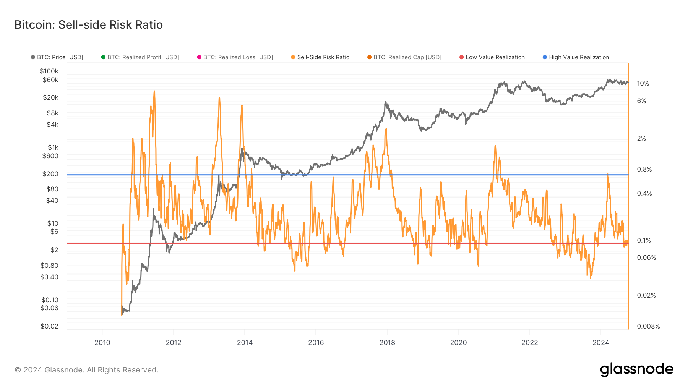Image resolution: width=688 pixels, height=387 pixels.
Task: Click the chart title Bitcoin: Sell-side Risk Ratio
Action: (x=89, y=25)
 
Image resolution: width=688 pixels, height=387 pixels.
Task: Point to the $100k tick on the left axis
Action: (x=49, y=71)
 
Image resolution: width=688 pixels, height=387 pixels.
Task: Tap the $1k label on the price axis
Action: (x=53, y=147)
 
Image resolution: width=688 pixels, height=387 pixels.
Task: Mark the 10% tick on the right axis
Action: (x=643, y=83)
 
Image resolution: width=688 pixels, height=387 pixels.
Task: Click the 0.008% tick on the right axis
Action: (x=648, y=326)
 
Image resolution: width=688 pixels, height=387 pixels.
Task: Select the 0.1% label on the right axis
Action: (x=644, y=240)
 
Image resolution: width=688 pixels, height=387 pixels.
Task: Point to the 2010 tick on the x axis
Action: (x=102, y=343)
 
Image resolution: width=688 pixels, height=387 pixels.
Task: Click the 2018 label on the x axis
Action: (x=387, y=343)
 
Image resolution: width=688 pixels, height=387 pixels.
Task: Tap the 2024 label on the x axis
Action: (x=600, y=343)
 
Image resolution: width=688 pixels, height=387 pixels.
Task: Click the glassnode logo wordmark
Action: (x=636, y=369)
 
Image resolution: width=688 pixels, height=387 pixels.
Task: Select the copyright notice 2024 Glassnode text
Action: (x=86, y=370)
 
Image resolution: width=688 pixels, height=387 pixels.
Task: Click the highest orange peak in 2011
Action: (x=154, y=91)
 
